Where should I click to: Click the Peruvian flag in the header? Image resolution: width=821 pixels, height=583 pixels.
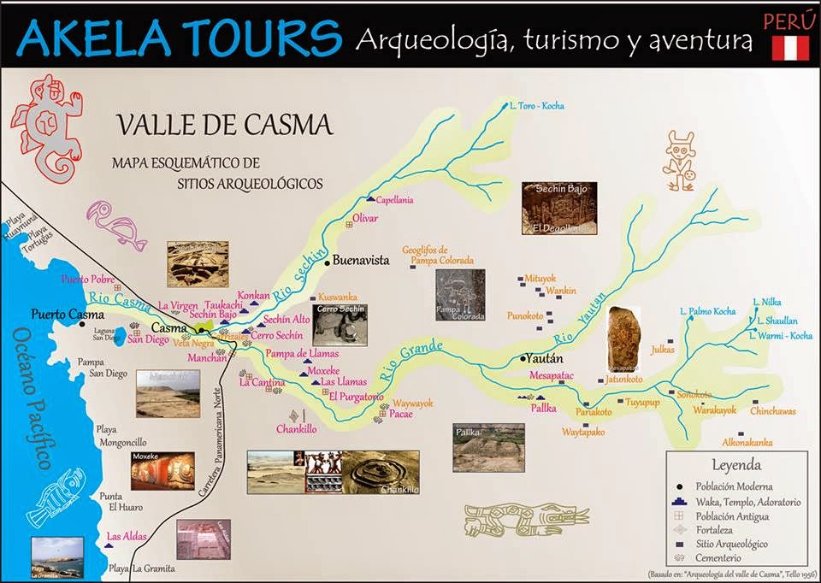790,47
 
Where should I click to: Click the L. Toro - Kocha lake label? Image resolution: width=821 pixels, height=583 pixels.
536,106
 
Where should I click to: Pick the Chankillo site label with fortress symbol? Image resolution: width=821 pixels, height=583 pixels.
298,429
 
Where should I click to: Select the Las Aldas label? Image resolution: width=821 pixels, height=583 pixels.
127,536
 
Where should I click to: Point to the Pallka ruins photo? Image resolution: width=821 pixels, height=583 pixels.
488,447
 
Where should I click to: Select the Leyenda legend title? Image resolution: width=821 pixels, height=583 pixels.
736,466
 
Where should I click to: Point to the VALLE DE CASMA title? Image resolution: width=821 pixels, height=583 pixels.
224,126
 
